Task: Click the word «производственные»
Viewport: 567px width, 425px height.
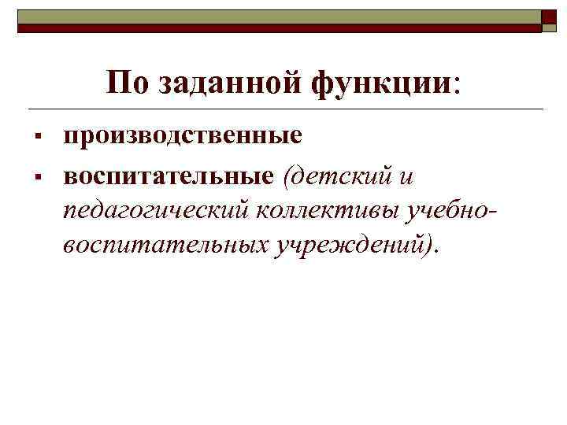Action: click(183, 135)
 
